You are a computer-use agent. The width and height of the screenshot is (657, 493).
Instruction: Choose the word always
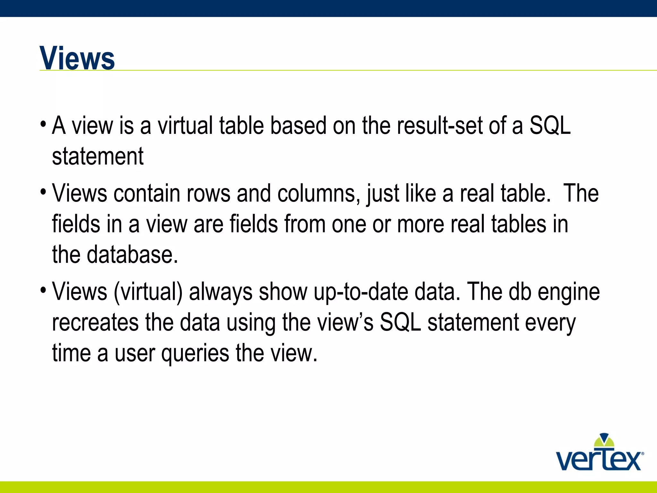coord(220,292)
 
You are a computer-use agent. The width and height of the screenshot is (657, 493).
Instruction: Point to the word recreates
coord(95,323)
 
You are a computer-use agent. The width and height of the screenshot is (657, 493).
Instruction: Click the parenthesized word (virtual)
coord(148,292)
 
